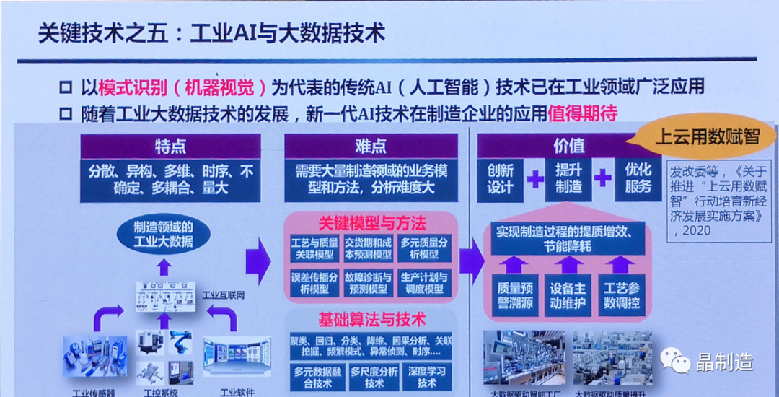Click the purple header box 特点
pos(170,147)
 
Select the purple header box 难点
pos(371,147)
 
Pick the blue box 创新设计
pos(501,179)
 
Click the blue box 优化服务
pos(638,179)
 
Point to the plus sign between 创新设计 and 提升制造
pos(534,179)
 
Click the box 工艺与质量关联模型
pos(314,248)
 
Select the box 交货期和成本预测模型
pos(368,248)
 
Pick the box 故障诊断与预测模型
pos(368,283)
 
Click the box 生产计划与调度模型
pos(424,283)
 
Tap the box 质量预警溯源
pos(515,295)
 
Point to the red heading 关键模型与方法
pos(372,222)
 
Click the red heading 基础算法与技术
pos(372,318)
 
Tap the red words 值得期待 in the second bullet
pos(583,114)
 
